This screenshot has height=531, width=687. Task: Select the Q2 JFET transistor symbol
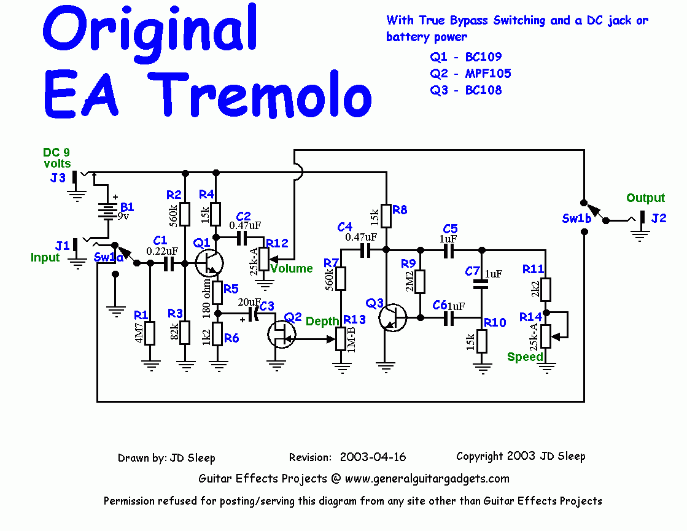[x=282, y=334]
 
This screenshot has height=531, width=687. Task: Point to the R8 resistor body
[x=386, y=215]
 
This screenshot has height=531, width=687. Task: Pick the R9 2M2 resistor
[x=420, y=282]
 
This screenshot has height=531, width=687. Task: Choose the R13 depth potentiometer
[x=341, y=338]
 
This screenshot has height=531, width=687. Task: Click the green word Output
[x=645, y=198]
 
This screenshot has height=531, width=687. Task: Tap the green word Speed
[x=525, y=357]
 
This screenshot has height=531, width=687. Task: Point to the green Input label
[x=45, y=257]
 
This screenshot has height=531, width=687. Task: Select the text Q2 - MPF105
[x=470, y=74]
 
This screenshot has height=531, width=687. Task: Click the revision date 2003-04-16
[x=373, y=457]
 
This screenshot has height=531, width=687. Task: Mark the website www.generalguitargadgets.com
[x=427, y=478]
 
